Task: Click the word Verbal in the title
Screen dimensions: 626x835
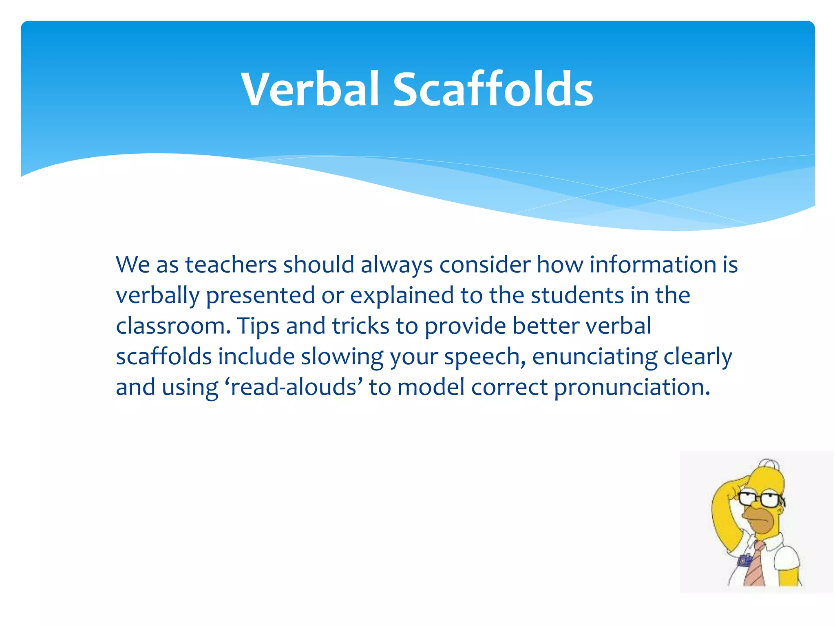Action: [310, 90]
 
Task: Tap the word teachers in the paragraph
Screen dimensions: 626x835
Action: [231, 265]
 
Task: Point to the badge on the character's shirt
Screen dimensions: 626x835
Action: [744, 561]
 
